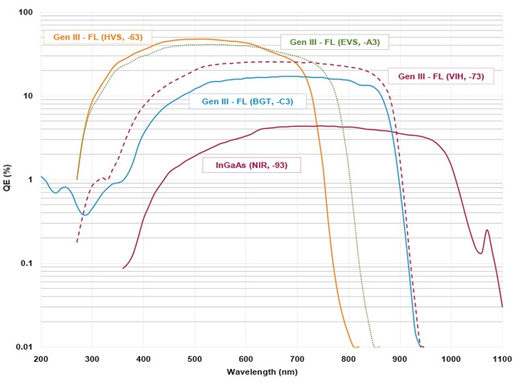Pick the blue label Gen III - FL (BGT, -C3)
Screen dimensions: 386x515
237,101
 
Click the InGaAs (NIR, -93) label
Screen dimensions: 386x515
251,165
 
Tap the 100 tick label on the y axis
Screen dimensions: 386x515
25,14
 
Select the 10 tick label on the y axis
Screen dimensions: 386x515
28,97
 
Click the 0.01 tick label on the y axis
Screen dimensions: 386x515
25,347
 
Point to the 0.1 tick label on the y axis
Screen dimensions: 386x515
27,264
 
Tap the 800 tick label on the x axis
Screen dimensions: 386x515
348,359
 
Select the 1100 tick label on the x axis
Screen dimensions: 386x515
501,359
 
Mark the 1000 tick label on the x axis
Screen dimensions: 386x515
451,359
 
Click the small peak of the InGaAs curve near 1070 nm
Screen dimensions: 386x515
487,230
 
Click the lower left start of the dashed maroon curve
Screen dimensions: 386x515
77,241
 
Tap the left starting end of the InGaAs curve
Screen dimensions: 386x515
123,268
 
